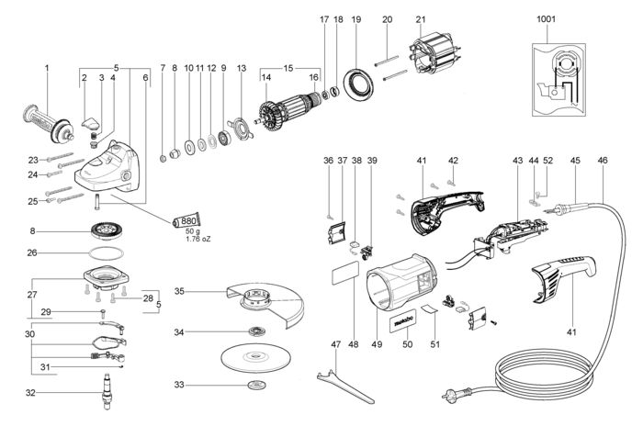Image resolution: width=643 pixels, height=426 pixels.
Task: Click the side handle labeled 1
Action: point(49,123)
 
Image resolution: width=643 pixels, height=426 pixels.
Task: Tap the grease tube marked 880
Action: point(187,221)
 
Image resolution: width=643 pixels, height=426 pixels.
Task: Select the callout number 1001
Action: point(546,19)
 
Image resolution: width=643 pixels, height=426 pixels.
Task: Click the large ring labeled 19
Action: point(359,84)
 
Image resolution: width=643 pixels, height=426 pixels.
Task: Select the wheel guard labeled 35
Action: point(265,304)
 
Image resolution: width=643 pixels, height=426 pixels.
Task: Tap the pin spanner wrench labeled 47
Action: point(345,387)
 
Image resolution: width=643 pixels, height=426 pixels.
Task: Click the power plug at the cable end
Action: point(456,395)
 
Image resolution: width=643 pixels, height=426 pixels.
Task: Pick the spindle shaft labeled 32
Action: point(107,392)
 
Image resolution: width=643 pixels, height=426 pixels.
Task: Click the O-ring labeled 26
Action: point(106,253)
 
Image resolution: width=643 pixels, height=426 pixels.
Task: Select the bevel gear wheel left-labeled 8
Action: point(106,230)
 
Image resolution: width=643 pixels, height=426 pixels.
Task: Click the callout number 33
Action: point(179,385)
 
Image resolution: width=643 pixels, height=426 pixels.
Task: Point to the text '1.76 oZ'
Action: point(197,239)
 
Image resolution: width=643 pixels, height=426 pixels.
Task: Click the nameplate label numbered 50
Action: point(402,322)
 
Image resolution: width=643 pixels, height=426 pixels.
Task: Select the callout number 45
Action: point(575,161)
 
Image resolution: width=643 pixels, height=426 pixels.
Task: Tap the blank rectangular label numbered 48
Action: point(344,273)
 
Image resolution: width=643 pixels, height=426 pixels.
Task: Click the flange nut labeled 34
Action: point(258,331)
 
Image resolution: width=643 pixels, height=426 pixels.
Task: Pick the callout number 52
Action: point(547,161)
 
